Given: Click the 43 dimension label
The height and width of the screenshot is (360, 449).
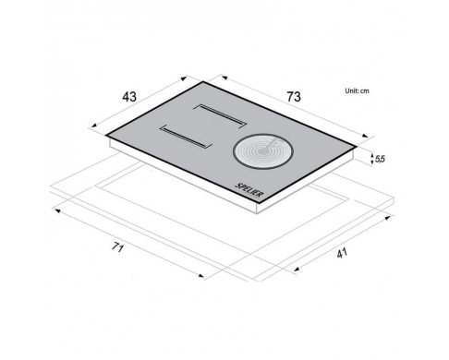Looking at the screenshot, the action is [129, 97].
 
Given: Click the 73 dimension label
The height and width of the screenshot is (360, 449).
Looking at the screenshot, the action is [294, 97].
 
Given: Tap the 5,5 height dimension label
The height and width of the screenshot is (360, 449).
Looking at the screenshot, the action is [380, 159].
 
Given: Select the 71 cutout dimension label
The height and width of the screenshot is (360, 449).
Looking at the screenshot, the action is [117, 246].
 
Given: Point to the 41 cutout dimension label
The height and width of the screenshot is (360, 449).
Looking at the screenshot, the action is [342, 253].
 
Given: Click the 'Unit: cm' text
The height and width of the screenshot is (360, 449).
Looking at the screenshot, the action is [357, 90].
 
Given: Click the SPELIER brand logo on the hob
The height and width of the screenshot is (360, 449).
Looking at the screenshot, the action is [249, 190].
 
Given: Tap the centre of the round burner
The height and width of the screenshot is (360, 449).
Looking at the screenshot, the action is [263, 151].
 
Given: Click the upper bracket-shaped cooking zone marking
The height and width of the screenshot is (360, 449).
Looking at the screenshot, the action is [220, 114].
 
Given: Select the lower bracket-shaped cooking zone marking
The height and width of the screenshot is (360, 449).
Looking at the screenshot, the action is [186, 137].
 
